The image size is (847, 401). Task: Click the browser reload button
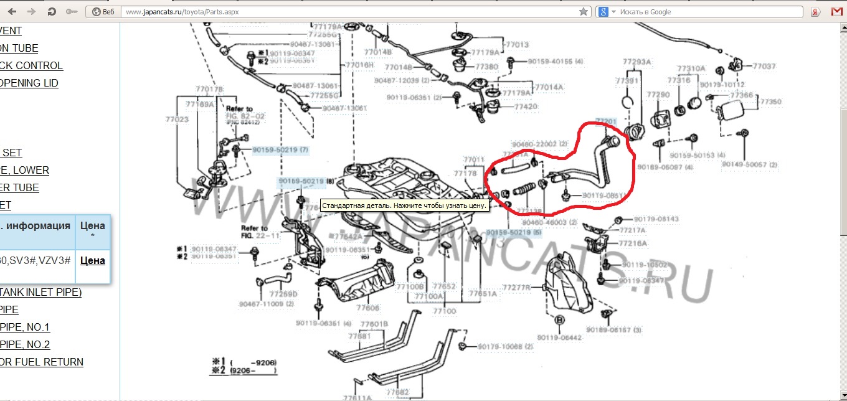pos(52,11)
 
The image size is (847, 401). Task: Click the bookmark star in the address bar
pos(583,11)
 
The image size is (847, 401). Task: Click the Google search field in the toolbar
pos(704,12)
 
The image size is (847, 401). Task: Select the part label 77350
pos(771,101)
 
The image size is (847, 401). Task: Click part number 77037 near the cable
pos(764,66)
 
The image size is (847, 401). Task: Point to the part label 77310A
pos(691,68)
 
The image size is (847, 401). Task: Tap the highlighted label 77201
pos(606,121)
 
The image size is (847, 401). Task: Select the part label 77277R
pos(516,288)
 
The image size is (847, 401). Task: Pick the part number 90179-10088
pos(506,346)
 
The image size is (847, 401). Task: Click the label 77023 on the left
pos(177,118)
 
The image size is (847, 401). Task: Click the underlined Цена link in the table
pos(92,260)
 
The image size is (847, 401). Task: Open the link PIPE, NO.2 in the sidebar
pos(25,344)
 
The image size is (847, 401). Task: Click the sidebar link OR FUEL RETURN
pos(41,362)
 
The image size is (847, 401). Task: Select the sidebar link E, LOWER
pos(24,170)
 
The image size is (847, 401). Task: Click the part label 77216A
pos(632,243)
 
